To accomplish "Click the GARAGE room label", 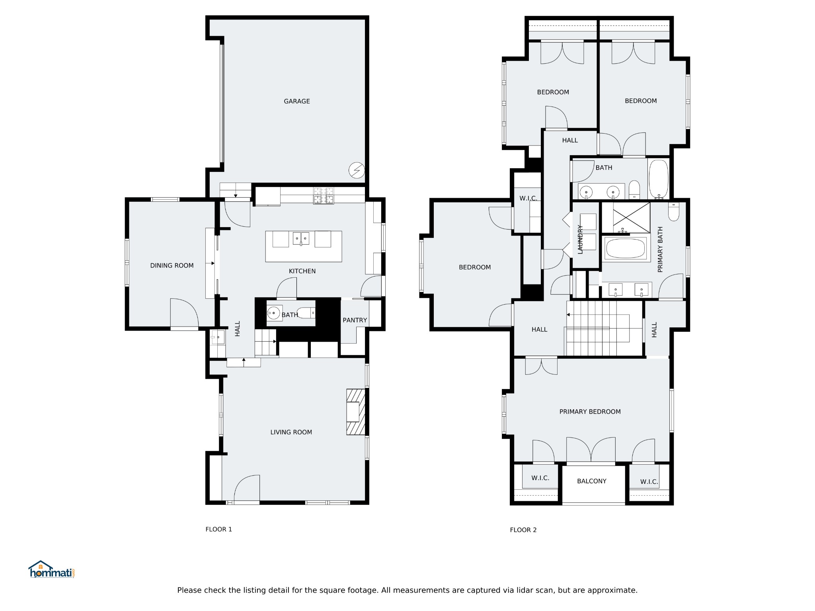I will click(296, 101).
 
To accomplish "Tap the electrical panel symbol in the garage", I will click(357, 170).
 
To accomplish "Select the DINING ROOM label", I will click(172, 266).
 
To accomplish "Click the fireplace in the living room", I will click(355, 412).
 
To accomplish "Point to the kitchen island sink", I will click(301, 239).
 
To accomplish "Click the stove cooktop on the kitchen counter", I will click(323, 196).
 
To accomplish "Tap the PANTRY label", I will click(355, 320).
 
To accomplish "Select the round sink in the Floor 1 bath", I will click(273, 313).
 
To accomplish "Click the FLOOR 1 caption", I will click(218, 529).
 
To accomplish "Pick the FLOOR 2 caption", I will click(523, 530).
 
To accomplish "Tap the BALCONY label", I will click(591, 481).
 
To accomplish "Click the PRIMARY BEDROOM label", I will click(590, 412).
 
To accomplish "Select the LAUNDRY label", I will click(580, 239).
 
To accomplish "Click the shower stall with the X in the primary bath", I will click(625, 217).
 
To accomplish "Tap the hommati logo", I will click(51, 570).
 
